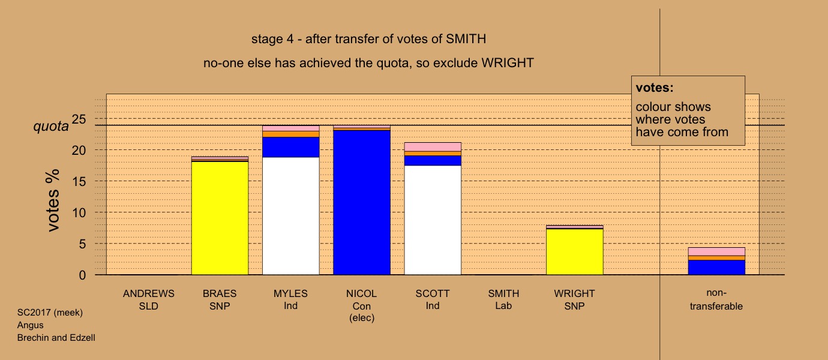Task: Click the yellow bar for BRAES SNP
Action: [x=220, y=218]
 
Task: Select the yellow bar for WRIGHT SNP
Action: [x=575, y=252]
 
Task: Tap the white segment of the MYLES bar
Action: [x=291, y=216]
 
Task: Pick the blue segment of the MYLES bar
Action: [x=291, y=147]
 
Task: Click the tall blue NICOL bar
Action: [x=362, y=203]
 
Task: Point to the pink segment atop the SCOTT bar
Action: [x=433, y=147]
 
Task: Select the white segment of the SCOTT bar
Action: [x=433, y=220]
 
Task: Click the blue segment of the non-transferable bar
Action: [x=717, y=267]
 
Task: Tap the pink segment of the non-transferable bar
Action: [x=717, y=252]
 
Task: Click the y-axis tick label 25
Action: [x=79, y=119]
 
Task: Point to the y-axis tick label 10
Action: [x=79, y=212]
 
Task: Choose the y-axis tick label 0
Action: [x=82, y=275]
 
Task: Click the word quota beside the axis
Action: [x=51, y=127]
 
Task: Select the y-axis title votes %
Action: [x=53, y=200]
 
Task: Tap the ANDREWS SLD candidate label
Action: [x=149, y=300]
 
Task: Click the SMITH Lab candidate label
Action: [x=503, y=300]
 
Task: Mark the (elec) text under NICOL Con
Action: [x=362, y=318]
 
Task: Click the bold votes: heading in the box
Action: [x=655, y=88]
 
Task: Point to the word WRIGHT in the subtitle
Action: [x=508, y=63]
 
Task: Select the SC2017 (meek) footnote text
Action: [x=50, y=313]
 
